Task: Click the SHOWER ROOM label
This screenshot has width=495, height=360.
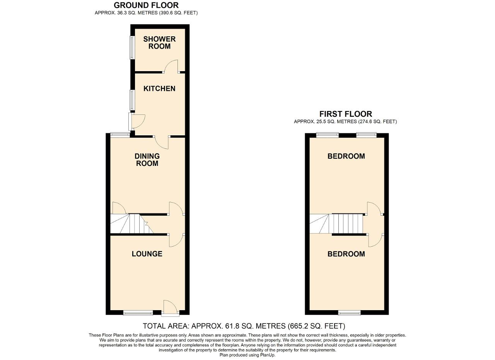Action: point(159,43)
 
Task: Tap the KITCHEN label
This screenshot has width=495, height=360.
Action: point(159,89)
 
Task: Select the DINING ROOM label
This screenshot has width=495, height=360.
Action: point(147,160)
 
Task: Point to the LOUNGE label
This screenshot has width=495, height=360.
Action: point(147,254)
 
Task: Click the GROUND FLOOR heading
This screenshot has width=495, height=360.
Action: point(146,5)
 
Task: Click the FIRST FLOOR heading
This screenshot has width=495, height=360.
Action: point(346,114)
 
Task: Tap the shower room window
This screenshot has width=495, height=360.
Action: point(132,48)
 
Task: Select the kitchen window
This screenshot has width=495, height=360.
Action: point(132,100)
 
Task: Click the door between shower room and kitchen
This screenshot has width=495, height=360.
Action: point(171,66)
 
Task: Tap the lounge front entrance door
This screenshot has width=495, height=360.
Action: point(170,308)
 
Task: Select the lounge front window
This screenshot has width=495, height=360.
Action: point(138,313)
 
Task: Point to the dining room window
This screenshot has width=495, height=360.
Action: point(120,134)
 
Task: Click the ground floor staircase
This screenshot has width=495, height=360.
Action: point(132,224)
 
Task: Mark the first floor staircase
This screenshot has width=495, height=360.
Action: point(336,224)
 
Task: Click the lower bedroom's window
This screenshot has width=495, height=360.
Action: point(349,313)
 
